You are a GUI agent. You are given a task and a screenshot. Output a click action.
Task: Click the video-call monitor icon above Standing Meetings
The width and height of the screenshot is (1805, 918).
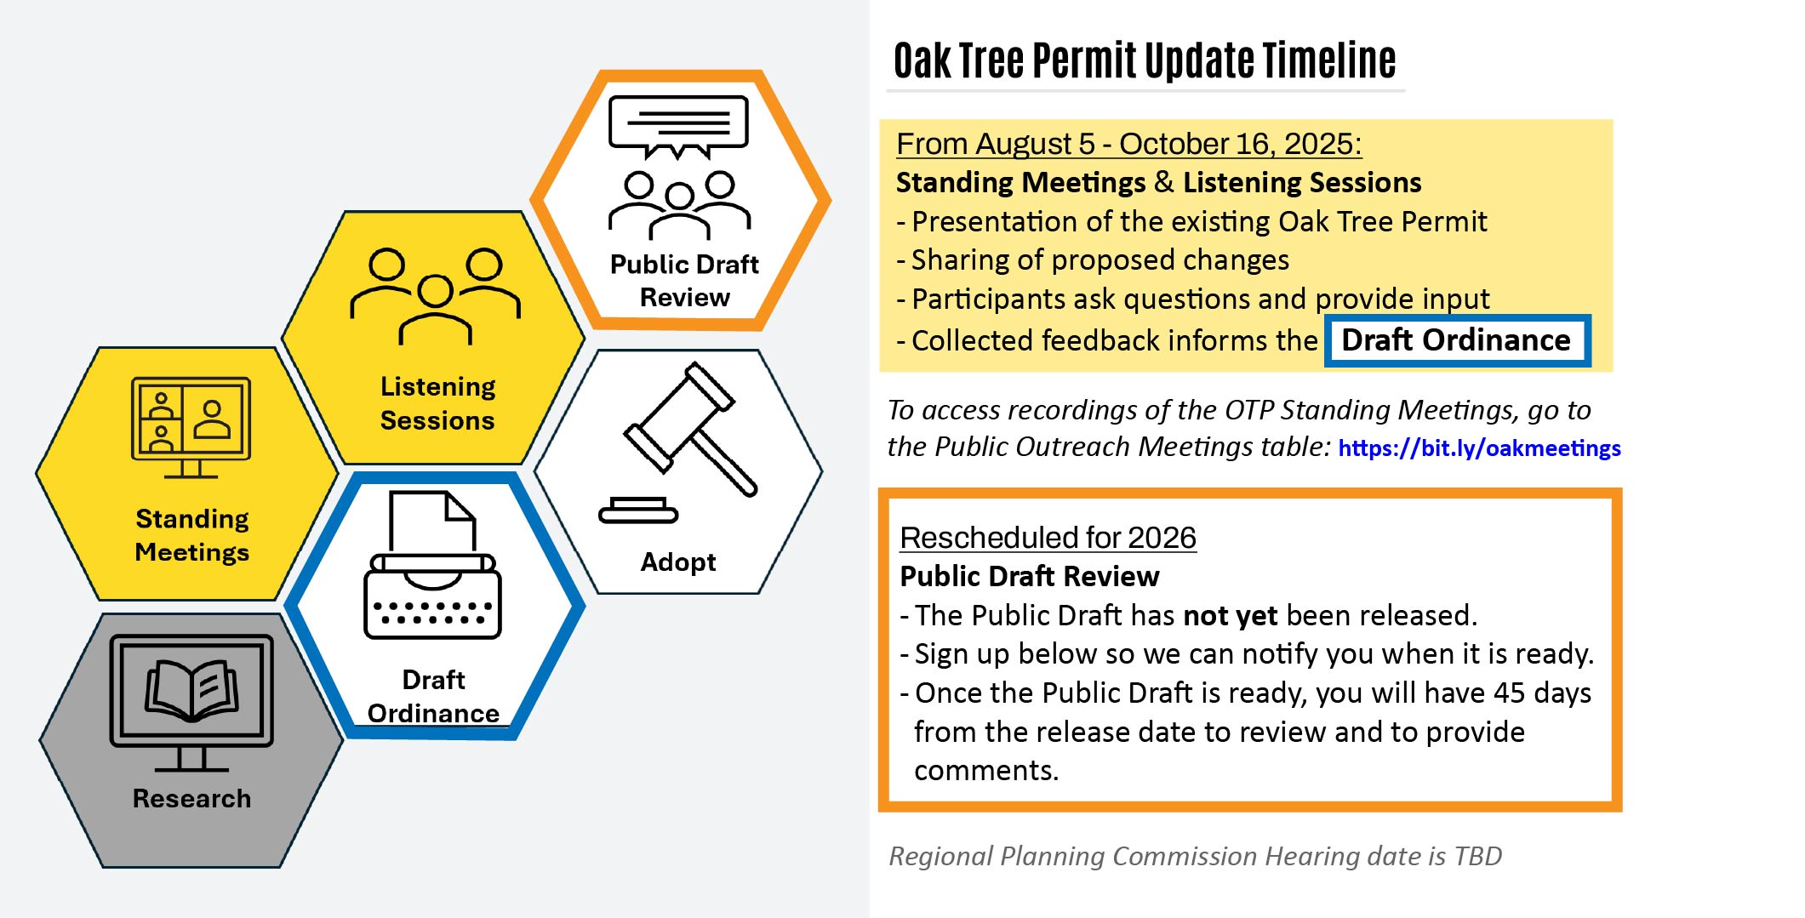(x=191, y=425)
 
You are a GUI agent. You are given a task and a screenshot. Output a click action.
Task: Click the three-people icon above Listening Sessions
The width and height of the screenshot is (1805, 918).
(x=435, y=294)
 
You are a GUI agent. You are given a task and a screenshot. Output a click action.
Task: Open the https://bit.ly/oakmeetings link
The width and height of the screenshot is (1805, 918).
(x=1479, y=448)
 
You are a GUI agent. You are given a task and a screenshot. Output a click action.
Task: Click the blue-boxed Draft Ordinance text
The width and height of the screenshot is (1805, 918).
(x=1456, y=340)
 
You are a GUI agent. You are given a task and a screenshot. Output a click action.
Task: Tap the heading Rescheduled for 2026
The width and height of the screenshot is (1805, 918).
(x=1048, y=538)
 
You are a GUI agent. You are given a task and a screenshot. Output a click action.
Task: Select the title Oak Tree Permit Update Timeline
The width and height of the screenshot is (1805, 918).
(x=1144, y=61)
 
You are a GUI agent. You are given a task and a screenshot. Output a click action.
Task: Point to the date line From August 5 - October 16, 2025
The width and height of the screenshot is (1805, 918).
(x=1128, y=144)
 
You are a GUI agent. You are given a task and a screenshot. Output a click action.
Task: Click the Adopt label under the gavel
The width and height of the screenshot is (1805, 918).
(x=678, y=562)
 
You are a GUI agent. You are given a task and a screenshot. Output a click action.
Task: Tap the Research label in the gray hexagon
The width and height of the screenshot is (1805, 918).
(x=191, y=798)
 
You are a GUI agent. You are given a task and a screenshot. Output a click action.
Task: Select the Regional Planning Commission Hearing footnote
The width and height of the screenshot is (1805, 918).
(x=1195, y=856)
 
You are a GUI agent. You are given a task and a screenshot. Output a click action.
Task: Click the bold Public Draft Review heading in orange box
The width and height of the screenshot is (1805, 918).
(x=1029, y=577)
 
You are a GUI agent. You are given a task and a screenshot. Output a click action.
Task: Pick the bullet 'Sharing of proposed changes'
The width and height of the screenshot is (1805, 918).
(x=1099, y=260)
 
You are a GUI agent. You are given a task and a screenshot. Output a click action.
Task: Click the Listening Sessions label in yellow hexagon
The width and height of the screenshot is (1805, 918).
(x=437, y=403)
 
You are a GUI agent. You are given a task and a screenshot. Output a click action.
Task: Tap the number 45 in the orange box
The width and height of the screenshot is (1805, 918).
(x=1509, y=693)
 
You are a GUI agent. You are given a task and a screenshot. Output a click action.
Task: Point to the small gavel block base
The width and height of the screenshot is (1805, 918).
(x=638, y=511)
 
